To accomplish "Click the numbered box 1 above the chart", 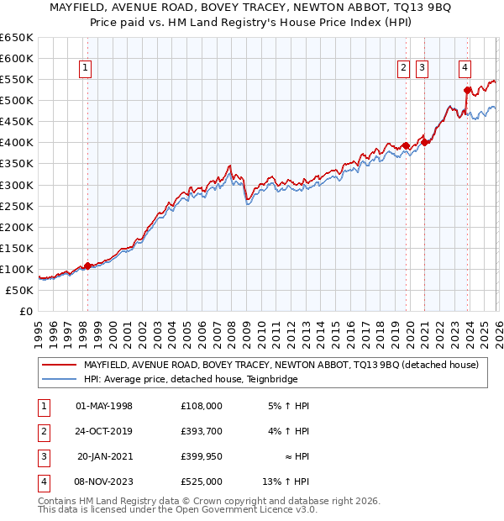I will (x=87, y=69).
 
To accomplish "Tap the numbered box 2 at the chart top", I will (x=404, y=69).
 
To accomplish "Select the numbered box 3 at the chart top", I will (x=422, y=69).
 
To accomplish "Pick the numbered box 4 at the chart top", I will (x=465, y=69).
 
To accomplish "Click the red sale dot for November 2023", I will (x=468, y=90).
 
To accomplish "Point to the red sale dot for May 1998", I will (x=87, y=266).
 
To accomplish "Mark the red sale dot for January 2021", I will (x=425, y=142).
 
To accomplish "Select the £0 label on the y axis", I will (x=25, y=311).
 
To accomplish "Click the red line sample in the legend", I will (x=60, y=365).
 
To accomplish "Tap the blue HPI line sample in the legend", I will (x=60, y=380).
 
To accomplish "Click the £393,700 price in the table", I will (x=202, y=431).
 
